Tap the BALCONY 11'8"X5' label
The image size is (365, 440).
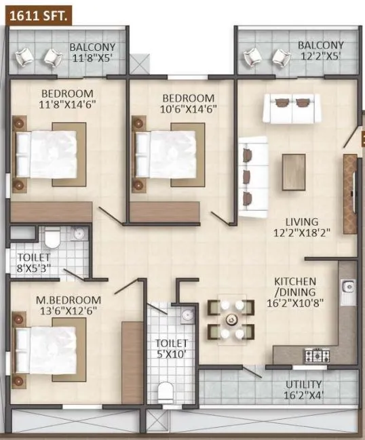(92, 52)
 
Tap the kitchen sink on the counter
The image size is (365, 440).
(347, 292)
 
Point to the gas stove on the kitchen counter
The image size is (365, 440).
(317, 354)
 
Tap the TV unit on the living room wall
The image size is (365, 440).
(349, 184)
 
